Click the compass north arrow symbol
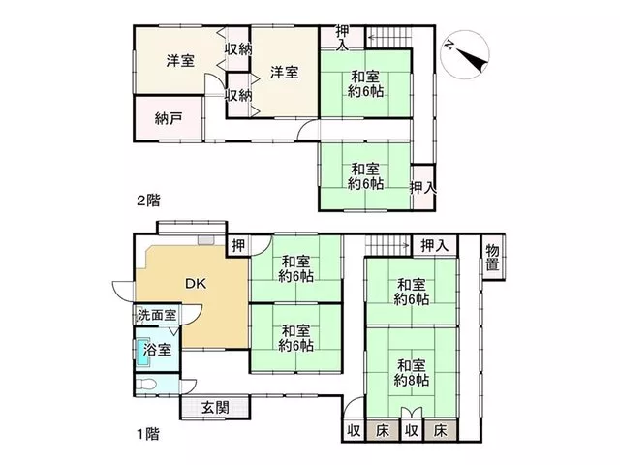click(x=465, y=54)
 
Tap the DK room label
click(x=196, y=283)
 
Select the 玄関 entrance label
click(x=215, y=408)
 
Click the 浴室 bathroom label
click(x=157, y=350)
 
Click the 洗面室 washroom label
click(x=157, y=315)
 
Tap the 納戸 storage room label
click(x=169, y=118)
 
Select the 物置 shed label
click(x=493, y=257)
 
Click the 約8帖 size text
click(x=411, y=381)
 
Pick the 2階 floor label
click(x=148, y=201)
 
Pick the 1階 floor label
click(x=148, y=434)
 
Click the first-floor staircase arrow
click(x=387, y=246)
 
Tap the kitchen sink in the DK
click(x=206, y=240)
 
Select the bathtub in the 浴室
click(x=141, y=353)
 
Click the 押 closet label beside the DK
click(x=238, y=245)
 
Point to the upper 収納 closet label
click(x=238, y=49)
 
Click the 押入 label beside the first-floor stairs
click(x=435, y=246)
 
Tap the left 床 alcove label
click(x=383, y=430)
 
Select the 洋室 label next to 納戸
click(x=180, y=61)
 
